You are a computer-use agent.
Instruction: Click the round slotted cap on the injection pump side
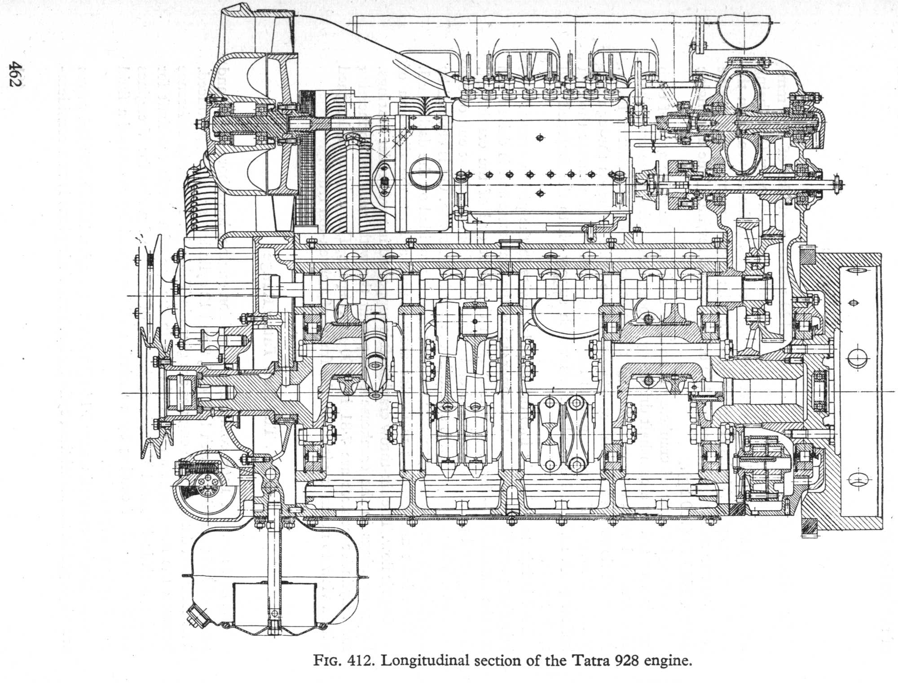[425, 172]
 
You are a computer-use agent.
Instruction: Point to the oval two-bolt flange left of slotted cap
[384, 179]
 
